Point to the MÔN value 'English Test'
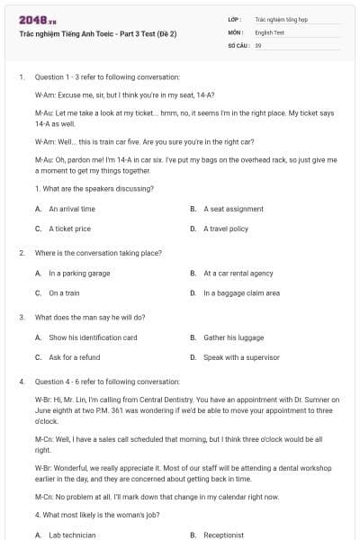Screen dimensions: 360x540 pyautogui.click(x=269, y=31)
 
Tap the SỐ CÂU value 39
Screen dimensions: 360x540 pyautogui.click(x=258, y=44)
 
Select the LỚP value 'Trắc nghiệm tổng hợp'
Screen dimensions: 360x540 pyautogui.click(x=279, y=18)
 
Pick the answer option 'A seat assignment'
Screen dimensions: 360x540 pyautogui.click(x=233, y=209)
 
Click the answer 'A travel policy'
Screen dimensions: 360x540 pyautogui.click(x=226, y=229)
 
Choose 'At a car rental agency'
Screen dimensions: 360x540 pyautogui.click(x=238, y=273)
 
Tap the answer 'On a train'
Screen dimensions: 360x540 pyautogui.click(x=64, y=292)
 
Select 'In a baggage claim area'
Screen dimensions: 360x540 pyautogui.click(x=241, y=292)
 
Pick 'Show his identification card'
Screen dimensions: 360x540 pyautogui.click(x=93, y=337)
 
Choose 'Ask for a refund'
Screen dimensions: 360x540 pyautogui.click(x=74, y=357)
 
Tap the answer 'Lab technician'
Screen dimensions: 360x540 pyautogui.click(x=72, y=535)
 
